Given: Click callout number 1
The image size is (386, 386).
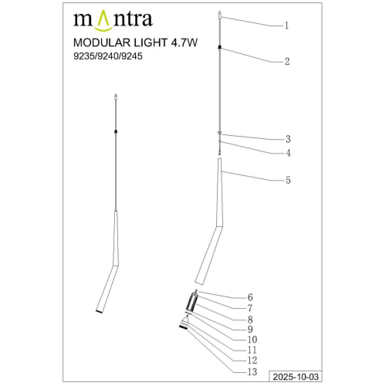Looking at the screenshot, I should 286,25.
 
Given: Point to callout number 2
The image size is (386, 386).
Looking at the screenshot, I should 286,61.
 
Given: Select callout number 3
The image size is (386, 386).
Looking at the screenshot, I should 287,140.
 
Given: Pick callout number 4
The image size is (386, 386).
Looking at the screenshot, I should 287,153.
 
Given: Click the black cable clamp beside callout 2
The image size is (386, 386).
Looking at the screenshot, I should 221,49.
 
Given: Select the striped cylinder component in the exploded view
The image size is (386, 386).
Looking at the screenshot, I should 191,303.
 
